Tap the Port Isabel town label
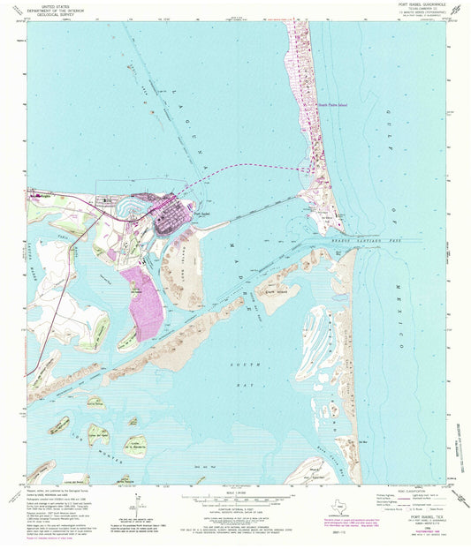203,212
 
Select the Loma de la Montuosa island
136,446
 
